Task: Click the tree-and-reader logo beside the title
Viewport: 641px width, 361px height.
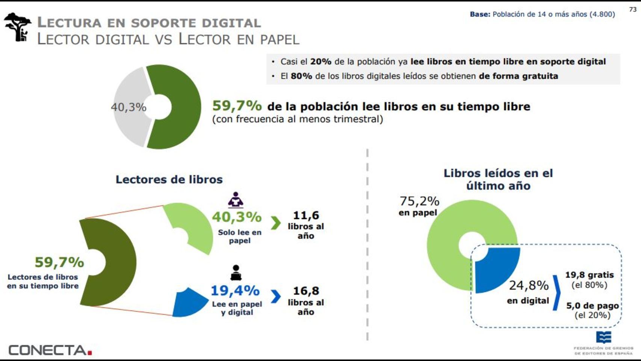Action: (18, 27)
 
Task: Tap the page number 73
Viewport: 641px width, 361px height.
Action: (633, 9)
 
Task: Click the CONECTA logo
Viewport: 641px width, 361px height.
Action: (50, 350)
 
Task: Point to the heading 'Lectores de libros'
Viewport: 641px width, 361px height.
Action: (169, 179)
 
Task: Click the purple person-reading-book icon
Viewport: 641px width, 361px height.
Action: (236, 200)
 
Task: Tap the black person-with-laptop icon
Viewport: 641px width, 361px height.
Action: (236, 273)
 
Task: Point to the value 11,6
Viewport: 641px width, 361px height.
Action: (306, 215)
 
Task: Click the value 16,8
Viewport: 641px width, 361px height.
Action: (306, 291)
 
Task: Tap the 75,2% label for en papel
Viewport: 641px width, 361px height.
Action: (419, 201)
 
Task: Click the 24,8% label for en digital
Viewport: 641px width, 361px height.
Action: (529, 286)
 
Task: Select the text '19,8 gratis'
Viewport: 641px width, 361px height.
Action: (589, 275)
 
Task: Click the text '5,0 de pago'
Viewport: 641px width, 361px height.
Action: (592, 305)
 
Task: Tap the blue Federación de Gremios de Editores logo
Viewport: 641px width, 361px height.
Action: (603, 337)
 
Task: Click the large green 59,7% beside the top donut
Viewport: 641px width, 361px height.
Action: (237, 106)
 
